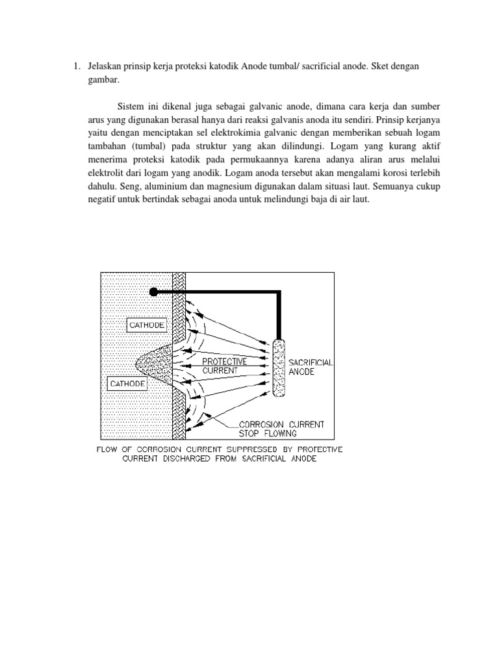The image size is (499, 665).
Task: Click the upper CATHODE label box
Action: click(x=147, y=324)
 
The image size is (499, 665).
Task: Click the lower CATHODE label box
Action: click(x=127, y=384)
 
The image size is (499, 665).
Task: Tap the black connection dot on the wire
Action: click(x=154, y=292)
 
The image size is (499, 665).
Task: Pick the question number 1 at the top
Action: click(x=75, y=66)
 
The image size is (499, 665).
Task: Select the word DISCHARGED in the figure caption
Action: click(x=203, y=459)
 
